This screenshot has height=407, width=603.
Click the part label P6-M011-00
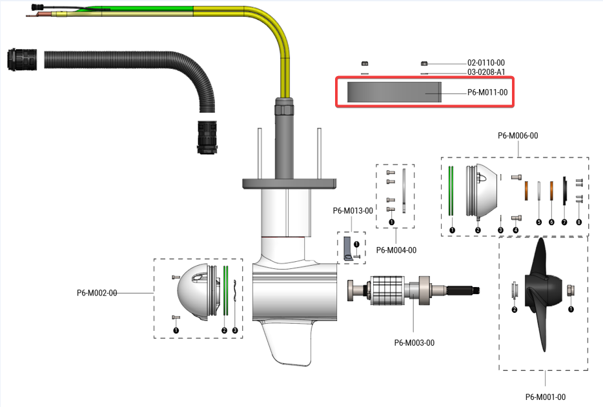tap(487, 92)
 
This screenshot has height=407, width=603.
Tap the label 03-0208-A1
tap(486, 72)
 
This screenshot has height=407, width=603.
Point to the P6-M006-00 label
tap(518, 135)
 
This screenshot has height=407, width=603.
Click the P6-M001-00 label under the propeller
tap(545, 397)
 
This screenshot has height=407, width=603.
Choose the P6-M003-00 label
tap(414, 342)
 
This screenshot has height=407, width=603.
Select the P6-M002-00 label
tap(97, 293)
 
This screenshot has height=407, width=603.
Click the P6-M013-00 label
tap(353, 210)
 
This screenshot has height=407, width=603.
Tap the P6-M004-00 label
tap(396, 250)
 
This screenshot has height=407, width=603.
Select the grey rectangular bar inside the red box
tap(394, 92)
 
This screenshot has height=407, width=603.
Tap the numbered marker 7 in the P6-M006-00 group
tap(564, 221)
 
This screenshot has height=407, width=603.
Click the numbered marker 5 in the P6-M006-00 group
tap(538, 221)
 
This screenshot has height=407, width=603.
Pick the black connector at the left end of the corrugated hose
tap(19, 59)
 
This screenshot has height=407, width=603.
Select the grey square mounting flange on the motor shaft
tap(289, 183)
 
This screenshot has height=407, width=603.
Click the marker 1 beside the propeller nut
tap(570, 309)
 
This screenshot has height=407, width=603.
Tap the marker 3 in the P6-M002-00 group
tap(234, 330)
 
